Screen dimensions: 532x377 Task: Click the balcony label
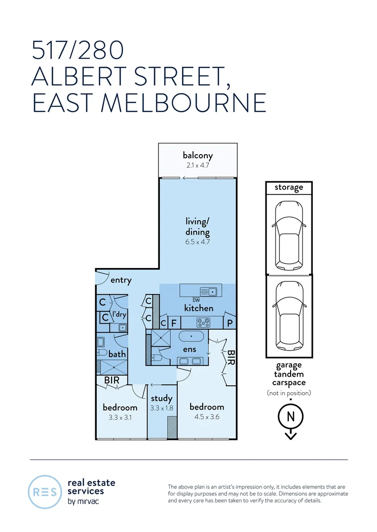(x=198, y=156)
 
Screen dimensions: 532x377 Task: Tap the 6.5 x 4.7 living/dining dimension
(x=198, y=242)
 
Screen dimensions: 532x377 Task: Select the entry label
(x=121, y=280)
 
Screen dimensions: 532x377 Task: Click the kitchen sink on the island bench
(x=210, y=291)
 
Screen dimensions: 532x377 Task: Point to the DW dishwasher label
(x=196, y=300)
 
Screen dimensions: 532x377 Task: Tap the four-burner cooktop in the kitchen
(x=203, y=323)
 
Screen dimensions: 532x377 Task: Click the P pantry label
(x=229, y=323)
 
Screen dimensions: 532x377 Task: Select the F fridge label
(x=173, y=324)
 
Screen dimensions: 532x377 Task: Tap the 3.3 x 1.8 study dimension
(x=161, y=408)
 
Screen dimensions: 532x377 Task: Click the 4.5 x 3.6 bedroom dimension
(x=206, y=417)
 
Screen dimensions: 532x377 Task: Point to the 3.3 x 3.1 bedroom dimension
(x=120, y=417)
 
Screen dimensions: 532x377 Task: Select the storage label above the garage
(x=289, y=187)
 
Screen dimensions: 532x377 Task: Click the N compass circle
(x=291, y=416)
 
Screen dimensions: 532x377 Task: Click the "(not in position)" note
(x=289, y=393)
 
